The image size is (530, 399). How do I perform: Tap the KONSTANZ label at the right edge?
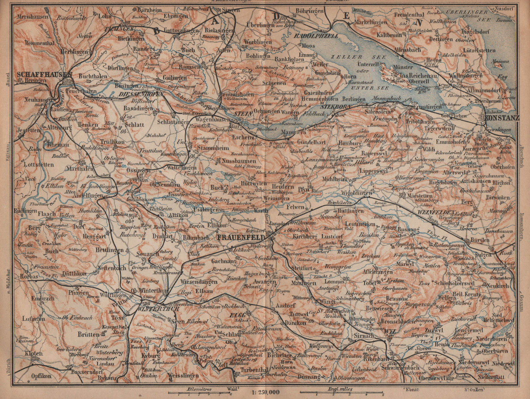pyautogui.click(x=502, y=118)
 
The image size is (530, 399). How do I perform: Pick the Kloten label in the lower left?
pyautogui.click(x=33, y=353)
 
